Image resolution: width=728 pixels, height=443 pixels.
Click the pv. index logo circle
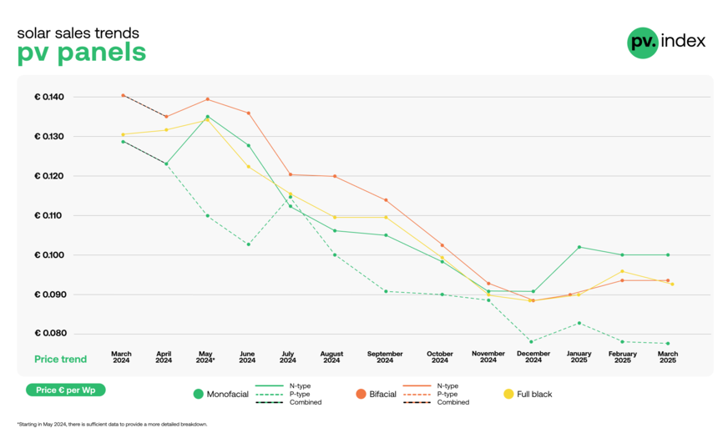point(642,42)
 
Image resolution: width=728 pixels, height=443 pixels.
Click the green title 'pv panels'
point(81,53)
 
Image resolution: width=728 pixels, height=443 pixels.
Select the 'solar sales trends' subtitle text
point(78,33)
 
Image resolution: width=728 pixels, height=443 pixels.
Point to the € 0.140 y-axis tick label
point(49,97)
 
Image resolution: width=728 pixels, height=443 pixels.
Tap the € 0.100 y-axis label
point(49,254)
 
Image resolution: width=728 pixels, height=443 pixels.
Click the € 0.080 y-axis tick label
point(49,334)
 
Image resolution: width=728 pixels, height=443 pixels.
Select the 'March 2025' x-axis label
point(667,357)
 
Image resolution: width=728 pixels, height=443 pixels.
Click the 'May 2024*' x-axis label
point(205,357)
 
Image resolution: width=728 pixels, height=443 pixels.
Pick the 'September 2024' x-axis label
point(385,357)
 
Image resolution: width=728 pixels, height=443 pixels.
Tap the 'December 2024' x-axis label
point(533,357)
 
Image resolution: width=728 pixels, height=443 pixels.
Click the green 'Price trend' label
point(60,360)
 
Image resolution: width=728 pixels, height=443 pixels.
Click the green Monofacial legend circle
point(198,394)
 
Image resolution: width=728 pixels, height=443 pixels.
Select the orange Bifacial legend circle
point(361,394)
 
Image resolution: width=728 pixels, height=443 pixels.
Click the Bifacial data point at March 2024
point(123,95)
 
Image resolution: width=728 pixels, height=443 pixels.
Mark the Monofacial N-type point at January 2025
point(579,247)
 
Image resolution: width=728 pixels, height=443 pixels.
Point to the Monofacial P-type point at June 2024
point(248,244)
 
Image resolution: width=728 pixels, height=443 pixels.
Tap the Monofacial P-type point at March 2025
point(668,344)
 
